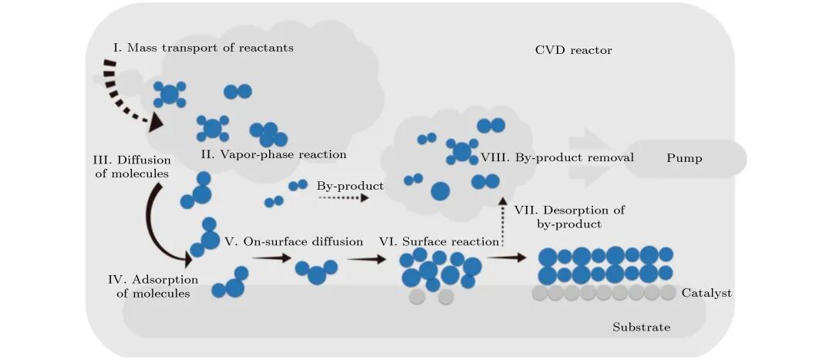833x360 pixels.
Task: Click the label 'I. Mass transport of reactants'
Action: pyautogui.click(x=203, y=48)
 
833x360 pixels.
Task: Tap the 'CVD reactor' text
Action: pyautogui.click(x=573, y=50)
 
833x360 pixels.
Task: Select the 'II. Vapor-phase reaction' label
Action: pyautogui.click(x=273, y=154)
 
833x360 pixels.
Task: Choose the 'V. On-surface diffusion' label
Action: pyautogui.click(x=293, y=241)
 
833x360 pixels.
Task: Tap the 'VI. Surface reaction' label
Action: pyautogui.click(x=439, y=241)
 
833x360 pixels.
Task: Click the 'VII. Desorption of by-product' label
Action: pyautogui.click(x=569, y=217)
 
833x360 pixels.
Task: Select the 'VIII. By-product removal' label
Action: pyautogui.click(x=557, y=157)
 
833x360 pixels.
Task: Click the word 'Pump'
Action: pyautogui.click(x=685, y=157)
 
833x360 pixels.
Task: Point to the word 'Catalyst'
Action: pyautogui.click(x=707, y=293)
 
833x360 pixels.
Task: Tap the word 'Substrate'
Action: pyautogui.click(x=641, y=328)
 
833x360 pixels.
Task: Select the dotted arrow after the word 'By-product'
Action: pyautogui.click(x=342, y=198)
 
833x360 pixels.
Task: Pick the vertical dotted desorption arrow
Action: pyautogui.click(x=503, y=224)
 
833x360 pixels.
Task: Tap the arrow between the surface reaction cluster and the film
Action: pyautogui.click(x=507, y=258)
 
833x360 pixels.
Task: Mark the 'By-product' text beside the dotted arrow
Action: pyautogui.click(x=350, y=186)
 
